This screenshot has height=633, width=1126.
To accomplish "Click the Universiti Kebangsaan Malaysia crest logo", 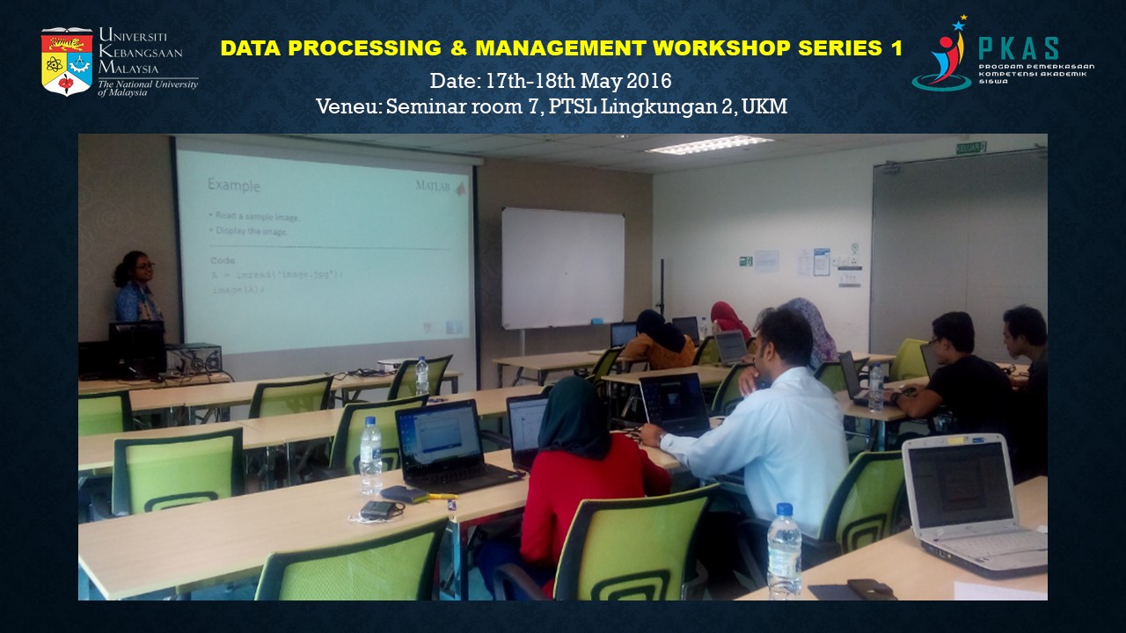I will (66, 62).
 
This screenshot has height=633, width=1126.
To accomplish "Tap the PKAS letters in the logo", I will (1019, 48).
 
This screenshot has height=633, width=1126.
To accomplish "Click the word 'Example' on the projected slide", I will (233, 186).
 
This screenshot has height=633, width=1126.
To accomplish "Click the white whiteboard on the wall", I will (563, 268).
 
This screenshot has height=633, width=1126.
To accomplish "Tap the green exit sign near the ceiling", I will (971, 148).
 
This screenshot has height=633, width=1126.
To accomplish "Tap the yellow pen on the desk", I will (442, 497).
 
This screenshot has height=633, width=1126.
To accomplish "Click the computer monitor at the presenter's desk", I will (136, 349).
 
